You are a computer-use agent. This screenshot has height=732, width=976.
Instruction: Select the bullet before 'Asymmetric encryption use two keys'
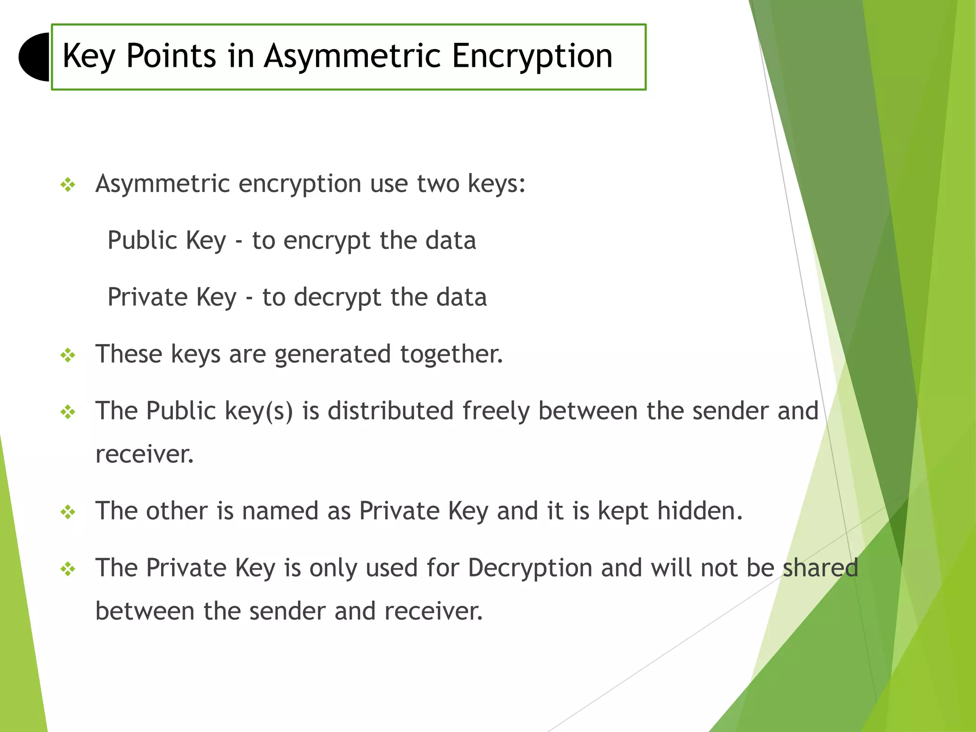coord(68,185)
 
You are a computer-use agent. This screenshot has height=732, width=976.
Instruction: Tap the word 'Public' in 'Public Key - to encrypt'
coord(142,240)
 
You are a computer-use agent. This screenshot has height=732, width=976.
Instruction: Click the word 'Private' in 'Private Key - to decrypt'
coord(148,297)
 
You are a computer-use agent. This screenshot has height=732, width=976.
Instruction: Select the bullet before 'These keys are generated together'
coord(68,356)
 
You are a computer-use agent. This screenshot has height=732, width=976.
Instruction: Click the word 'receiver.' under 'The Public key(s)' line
coord(144,454)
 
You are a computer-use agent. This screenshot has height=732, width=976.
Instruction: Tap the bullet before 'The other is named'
coord(68,513)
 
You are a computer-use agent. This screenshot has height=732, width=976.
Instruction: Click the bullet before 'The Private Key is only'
coord(68,569)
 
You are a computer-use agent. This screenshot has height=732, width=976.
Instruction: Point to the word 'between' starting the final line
coord(145,611)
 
